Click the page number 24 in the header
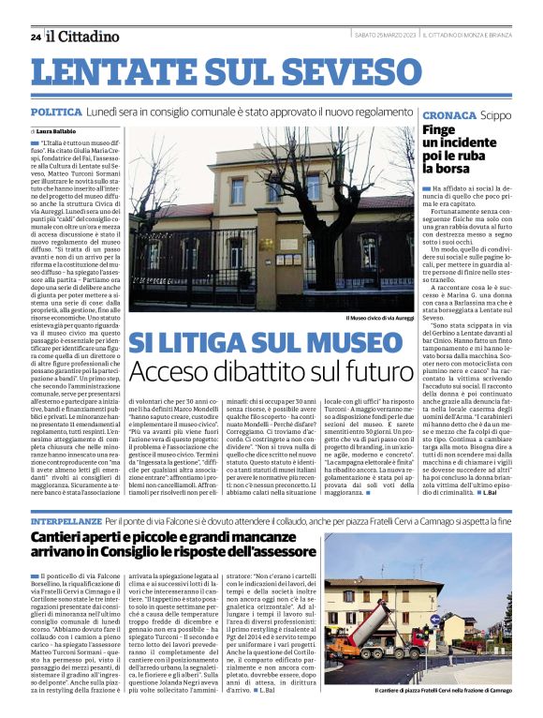coord(36,37)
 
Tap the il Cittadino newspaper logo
coord(83,37)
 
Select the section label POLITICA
coord(55,112)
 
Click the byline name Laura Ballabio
coord(59,131)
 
